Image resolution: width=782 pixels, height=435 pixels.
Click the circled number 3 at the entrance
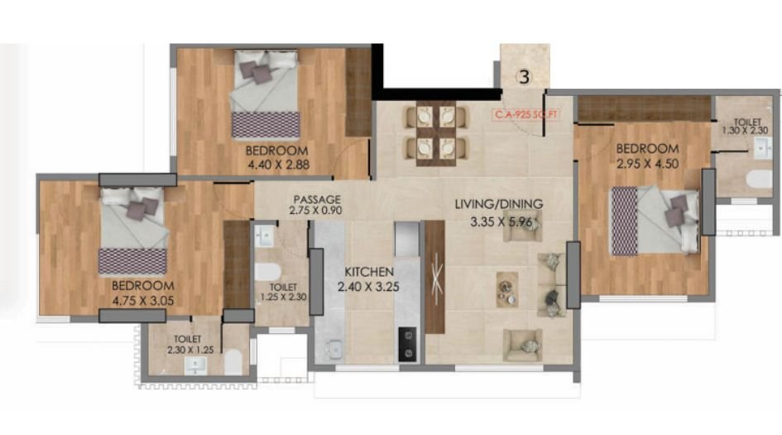point(524,77)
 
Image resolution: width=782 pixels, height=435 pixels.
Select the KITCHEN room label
point(369,272)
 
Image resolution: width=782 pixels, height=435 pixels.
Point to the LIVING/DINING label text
point(497,204)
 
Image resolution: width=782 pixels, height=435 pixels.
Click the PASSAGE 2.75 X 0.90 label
point(316,205)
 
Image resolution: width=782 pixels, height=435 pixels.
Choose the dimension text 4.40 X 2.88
point(276,164)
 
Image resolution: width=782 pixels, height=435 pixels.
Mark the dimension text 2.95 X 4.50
point(647,163)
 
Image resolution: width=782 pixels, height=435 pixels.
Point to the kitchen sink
point(334,349)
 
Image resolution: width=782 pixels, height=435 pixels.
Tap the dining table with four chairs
point(430,132)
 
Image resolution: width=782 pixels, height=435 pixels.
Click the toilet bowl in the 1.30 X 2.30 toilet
point(757,179)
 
